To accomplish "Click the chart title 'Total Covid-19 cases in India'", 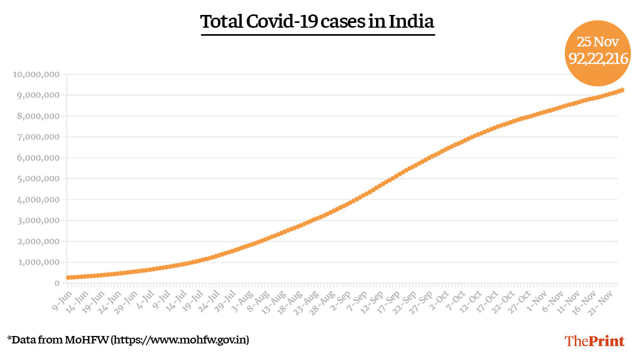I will click(317, 22).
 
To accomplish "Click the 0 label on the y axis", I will click(56, 283).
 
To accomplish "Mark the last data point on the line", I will click(622, 90).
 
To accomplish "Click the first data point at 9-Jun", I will click(68, 277).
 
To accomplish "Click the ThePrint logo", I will click(594, 341).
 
